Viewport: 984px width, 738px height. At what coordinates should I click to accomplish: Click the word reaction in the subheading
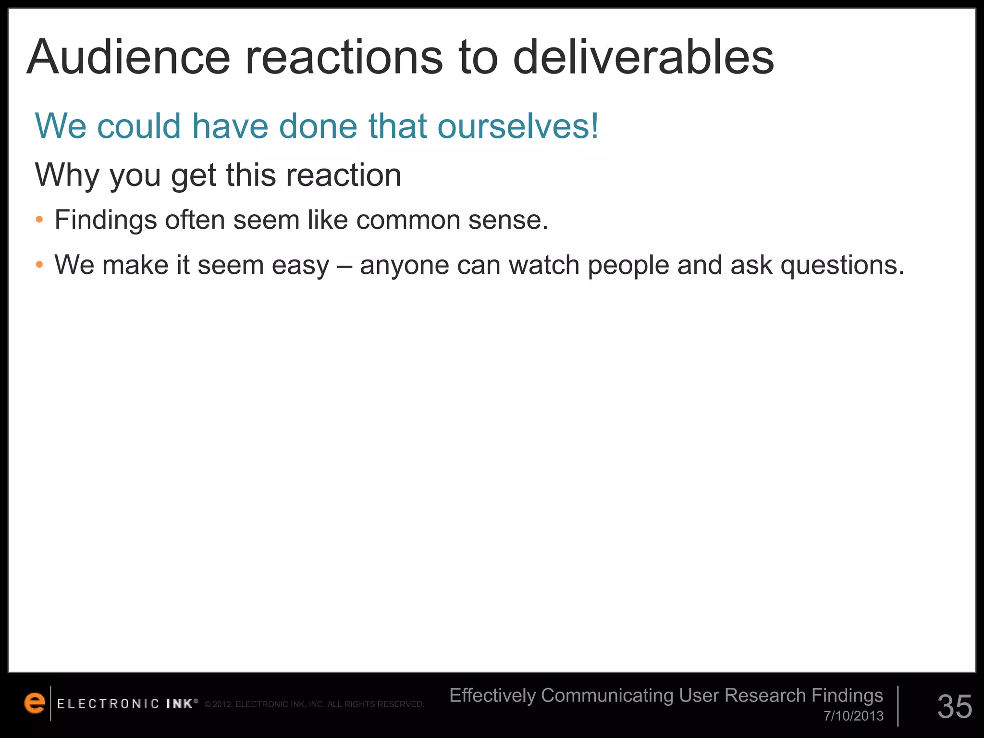point(344,175)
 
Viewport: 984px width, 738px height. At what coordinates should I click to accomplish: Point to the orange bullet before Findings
point(39,221)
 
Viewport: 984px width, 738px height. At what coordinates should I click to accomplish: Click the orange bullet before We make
point(39,265)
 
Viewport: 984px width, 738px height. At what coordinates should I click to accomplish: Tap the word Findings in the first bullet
point(106,221)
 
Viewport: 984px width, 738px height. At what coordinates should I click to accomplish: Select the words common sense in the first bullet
point(452,221)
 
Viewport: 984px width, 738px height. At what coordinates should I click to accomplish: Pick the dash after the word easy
point(344,265)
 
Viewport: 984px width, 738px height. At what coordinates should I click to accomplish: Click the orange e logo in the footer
point(34,703)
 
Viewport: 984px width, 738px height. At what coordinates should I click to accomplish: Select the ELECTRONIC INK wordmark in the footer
point(127,704)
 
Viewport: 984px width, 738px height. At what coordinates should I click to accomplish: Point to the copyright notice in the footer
point(314,704)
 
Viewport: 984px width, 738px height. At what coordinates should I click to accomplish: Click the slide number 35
point(955,706)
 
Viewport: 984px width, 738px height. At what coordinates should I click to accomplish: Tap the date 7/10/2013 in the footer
point(853,716)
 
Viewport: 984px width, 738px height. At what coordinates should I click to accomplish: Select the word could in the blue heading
point(139,126)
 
